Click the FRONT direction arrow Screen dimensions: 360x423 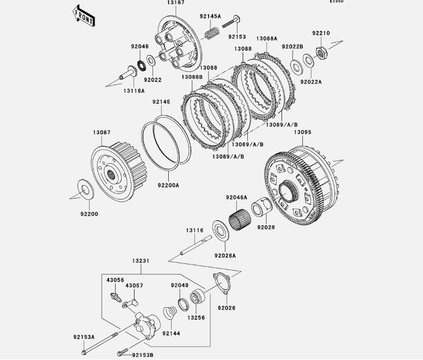pos(84,16)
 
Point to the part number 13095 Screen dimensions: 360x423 pos(303,132)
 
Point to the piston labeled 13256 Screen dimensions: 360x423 pos(197,296)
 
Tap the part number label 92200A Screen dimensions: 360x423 pos(168,185)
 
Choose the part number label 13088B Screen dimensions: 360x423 pos(192,77)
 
